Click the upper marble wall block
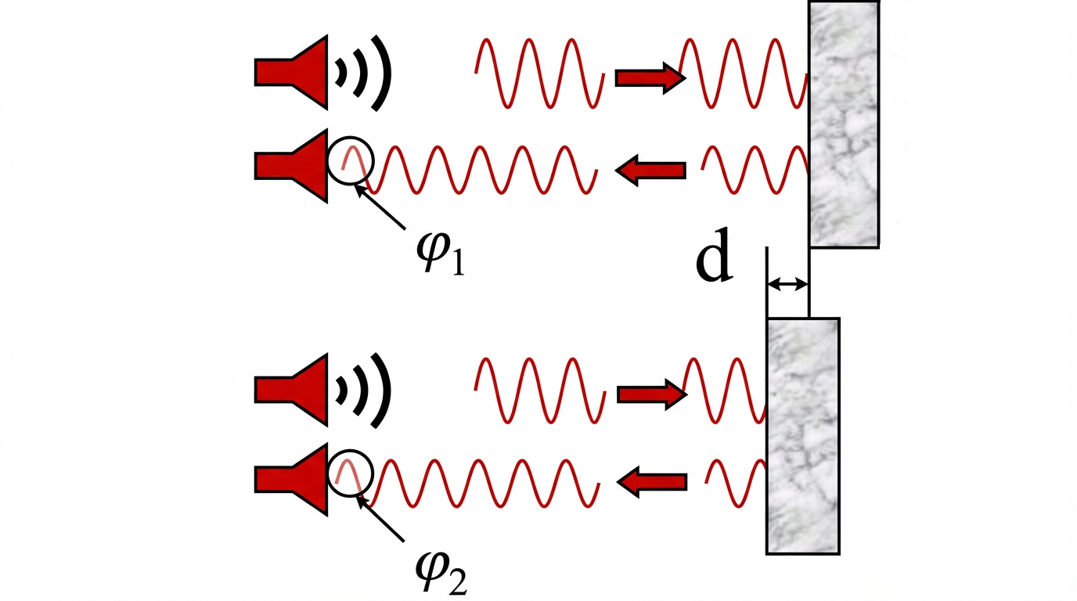click(x=844, y=124)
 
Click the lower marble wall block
click(x=802, y=436)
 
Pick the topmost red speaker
click(x=291, y=72)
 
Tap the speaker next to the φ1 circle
click(x=291, y=166)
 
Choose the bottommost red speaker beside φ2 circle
click(x=291, y=479)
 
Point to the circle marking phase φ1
click(x=351, y=160)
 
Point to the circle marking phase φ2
click(x=351, y=473)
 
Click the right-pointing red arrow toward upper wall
click(x=650, y=78)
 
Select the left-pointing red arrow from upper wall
click(x=651, y=169)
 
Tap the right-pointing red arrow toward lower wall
click(x=651, y=394)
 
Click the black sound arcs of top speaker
click(x=364, y=72)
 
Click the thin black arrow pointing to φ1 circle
click(x=382, y=205)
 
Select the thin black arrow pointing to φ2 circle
click(x=382, y=518)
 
